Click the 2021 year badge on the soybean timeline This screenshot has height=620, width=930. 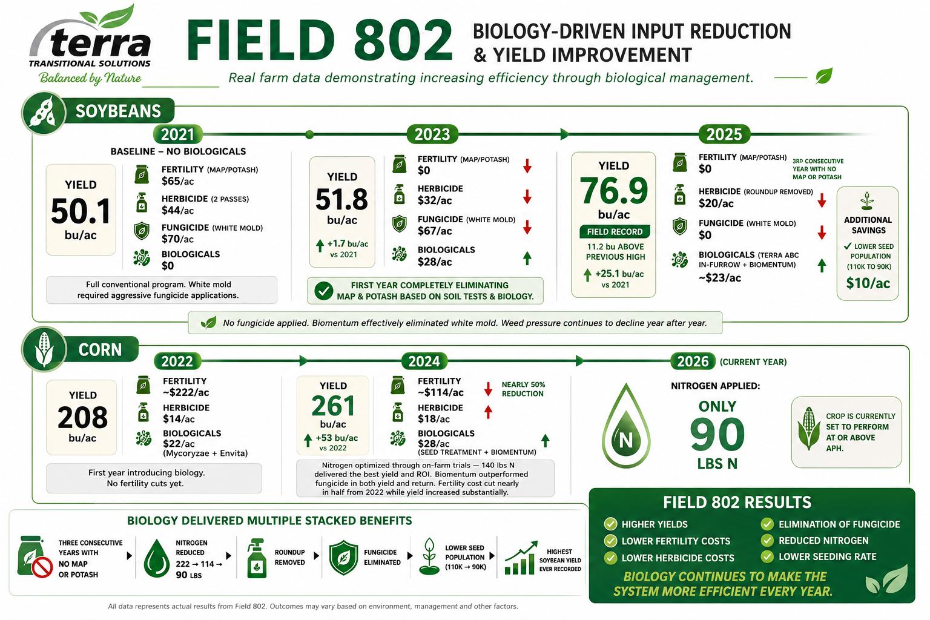(177, 134)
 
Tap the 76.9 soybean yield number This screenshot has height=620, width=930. (613, 191)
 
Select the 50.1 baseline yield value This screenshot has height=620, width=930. (81, 211)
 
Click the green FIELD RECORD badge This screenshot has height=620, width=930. (615, 232)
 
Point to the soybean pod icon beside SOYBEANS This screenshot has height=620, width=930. (44, 113)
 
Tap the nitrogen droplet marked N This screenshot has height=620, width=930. (625, 426)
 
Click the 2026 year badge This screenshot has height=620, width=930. (693, 361)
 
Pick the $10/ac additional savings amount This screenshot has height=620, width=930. (868, 283)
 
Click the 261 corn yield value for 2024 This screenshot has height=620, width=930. (333, 406)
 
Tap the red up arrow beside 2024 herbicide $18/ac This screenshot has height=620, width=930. (488, 412)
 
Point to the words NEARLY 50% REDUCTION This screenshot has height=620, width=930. (523, 389)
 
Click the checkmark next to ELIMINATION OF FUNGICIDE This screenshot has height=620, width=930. (767, 524)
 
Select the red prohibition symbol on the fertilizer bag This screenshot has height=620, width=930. (42, 567)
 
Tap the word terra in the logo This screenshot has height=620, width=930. (100, 42)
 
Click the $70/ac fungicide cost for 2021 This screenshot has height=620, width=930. (177, 239)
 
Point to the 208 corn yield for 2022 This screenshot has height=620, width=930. (82, 417)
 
